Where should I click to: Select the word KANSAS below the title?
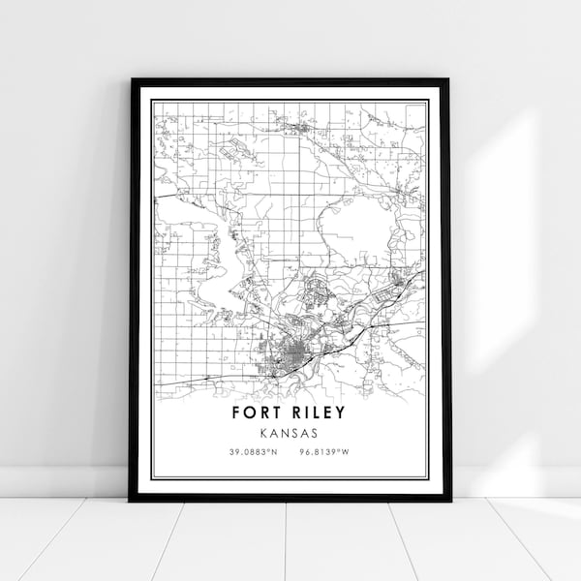tap(290, 433)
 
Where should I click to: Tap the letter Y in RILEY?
tap(341, 413)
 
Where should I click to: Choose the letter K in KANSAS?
tap(264, 433)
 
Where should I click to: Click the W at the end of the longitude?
tap(348, 452)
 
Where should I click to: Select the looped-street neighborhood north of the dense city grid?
tap(319, 290)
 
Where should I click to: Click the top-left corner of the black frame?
tap(131, 80)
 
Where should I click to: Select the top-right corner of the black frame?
tap(449, 80)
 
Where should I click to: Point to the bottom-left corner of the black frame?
tap(131, 500)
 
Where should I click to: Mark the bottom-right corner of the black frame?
tap(449, 500)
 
